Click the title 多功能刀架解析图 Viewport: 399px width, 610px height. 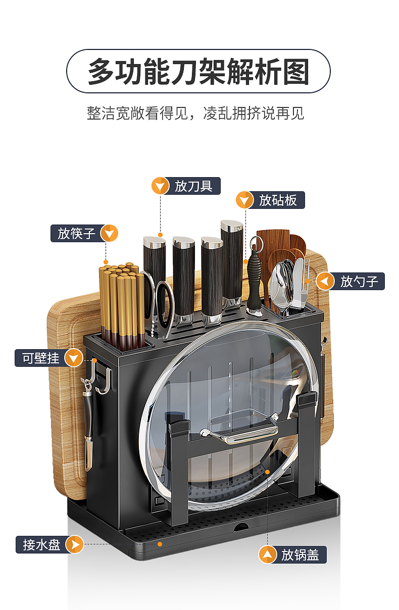(x=198, y=71)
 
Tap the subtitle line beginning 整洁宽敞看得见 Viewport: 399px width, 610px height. (x=195, y=113)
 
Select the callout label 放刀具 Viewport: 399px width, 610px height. (x=193, y=186)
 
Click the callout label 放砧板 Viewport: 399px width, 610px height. (x=278, y=200)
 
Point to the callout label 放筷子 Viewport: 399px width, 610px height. (x=76, y=234)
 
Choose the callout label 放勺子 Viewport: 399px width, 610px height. (x=359, y=281)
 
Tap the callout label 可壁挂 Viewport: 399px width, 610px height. (x=41, y=358)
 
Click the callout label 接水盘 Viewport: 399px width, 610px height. (x=41, y=544)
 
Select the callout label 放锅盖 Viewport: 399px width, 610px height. (x=300, y=554)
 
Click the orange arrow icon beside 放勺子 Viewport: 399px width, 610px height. (x=325, y=281)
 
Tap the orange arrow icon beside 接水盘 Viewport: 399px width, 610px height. (x=74, y=544)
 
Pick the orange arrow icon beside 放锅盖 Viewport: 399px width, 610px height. (x=267, y=554)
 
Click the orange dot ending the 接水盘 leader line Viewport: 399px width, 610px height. (x=160, y=544)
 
